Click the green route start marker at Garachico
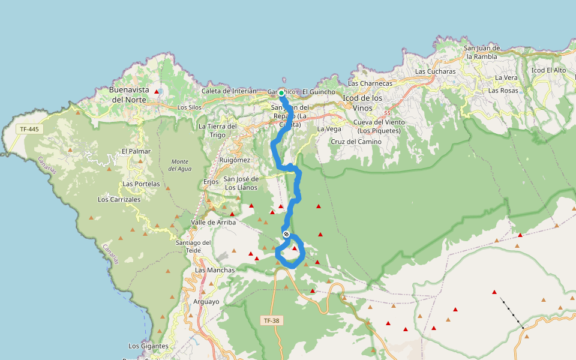281,93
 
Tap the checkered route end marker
286,234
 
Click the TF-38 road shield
271,321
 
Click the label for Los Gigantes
148,346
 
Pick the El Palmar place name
136,151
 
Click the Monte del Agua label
180,165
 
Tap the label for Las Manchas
215,270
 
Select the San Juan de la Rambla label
482,52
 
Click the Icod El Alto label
548,70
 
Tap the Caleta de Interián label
229,91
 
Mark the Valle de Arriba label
213,223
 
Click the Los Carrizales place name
119,199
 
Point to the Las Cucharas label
435,71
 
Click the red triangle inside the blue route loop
295,248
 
